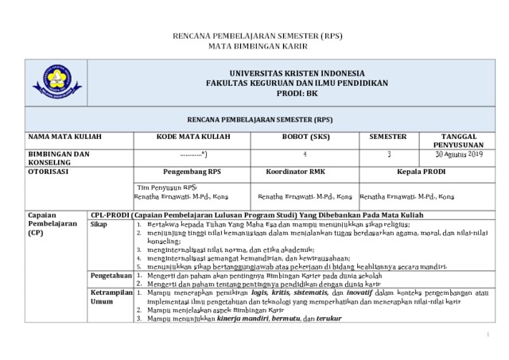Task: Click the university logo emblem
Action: (x=56, y=83)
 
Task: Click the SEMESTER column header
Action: (x=389, y=137)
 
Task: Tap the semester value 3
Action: (x=389, y=153)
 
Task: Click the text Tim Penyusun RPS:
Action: (x=166, y=186)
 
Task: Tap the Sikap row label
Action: (x=99, y=225)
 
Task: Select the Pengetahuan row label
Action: (x=111, y=275)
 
